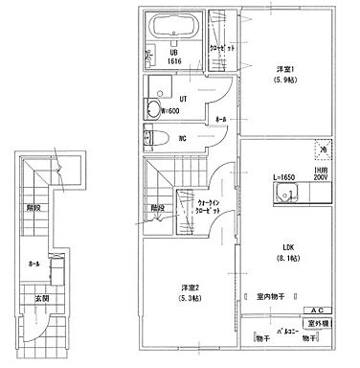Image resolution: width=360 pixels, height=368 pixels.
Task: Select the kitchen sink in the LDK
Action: [x=286, y=195]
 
